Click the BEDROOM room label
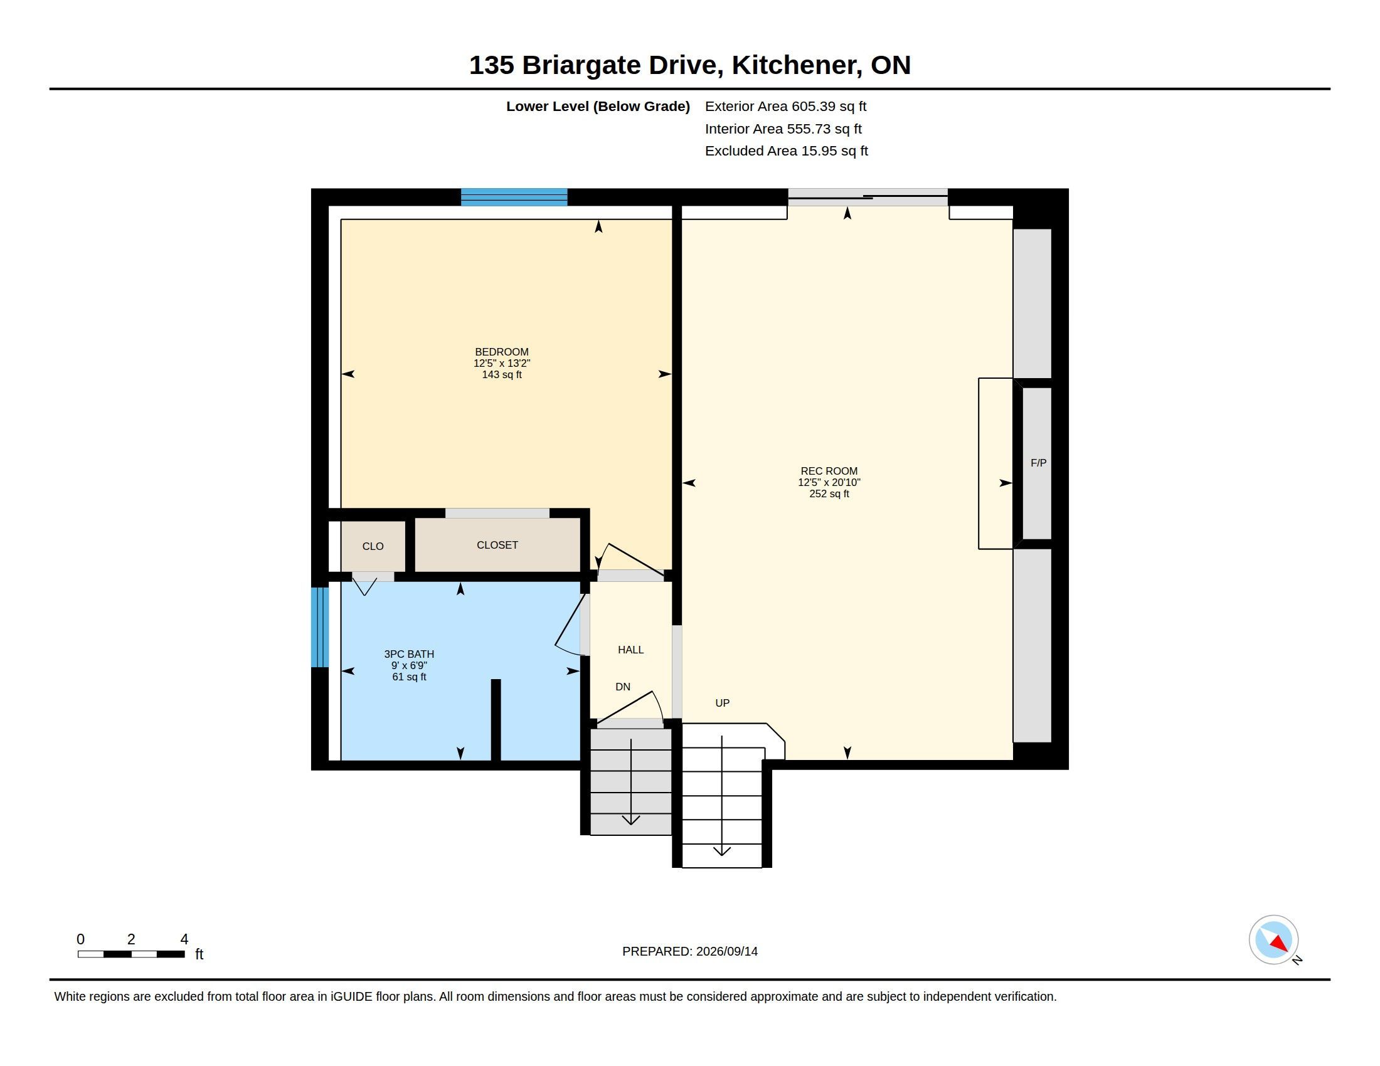click(x=502, y=352)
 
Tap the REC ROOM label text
click(x=829, y=471)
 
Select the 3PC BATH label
click(x=409, y=654)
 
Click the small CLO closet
click(x=373, y=546)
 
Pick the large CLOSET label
click(x=497, y=545)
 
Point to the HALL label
click(x=630, y=650)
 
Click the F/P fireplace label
click(x=1038, y=463)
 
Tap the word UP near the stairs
click(x=722, y=703)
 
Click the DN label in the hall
click(x=623, y=687)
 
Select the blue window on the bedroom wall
click(x=514, y=197)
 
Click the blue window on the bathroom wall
click(x=321, y=627)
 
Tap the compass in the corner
click(x=1274, y=940)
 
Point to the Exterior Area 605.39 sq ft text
click(x=785, y=107)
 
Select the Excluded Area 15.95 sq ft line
click(x=787, y=151)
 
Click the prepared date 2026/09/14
click(x=726, y=951)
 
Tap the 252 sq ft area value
click(x=829, y=494)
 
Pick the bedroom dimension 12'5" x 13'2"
click(x=502, y=363)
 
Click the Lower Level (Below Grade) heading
click(x=598, y=107)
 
